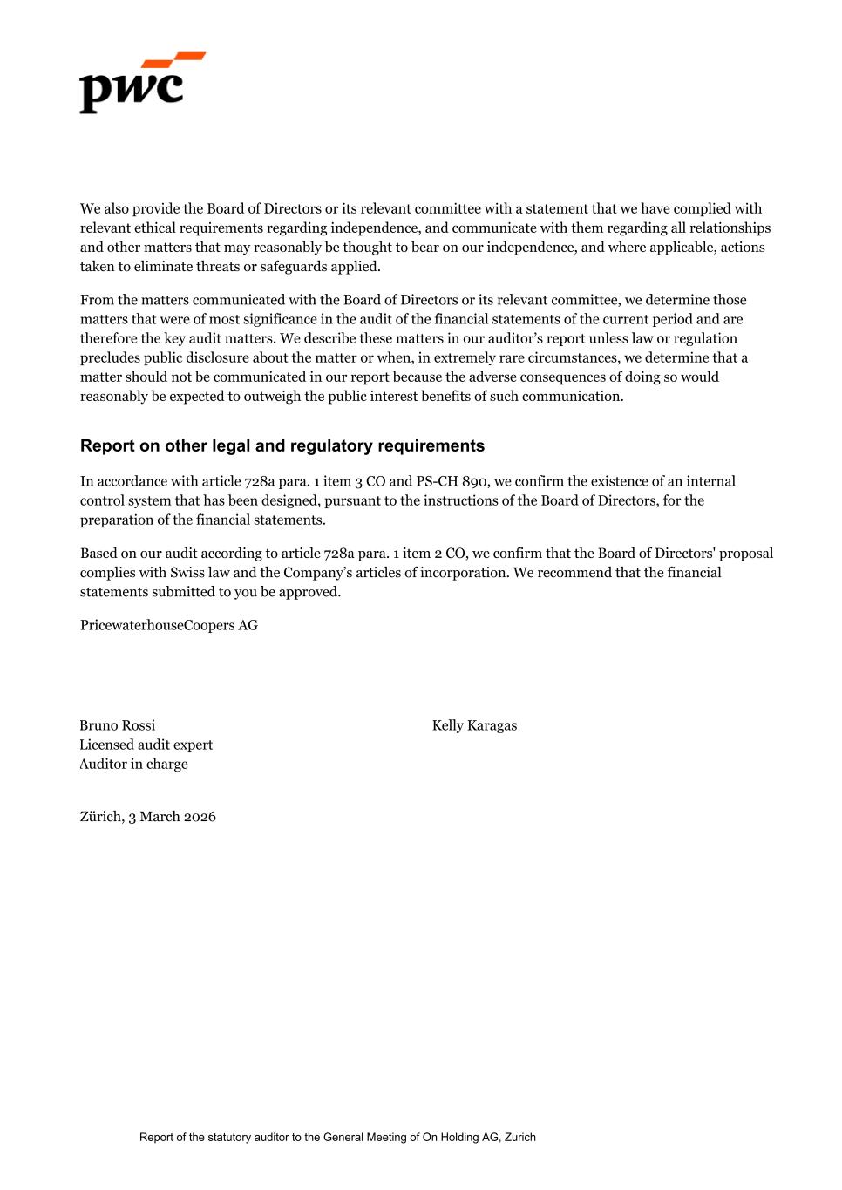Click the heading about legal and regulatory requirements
(282, 445)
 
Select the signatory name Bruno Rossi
(118, 725)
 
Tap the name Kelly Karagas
(474, 725)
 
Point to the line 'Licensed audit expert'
(146, 745)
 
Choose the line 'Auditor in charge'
(133, 764)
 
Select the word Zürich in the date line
(101, 817)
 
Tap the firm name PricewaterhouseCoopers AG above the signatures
(168, 625)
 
